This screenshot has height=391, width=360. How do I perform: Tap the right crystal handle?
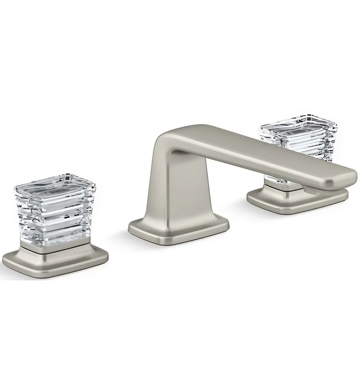pos(299,140)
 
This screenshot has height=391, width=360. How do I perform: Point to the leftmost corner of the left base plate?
pos(4,260)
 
